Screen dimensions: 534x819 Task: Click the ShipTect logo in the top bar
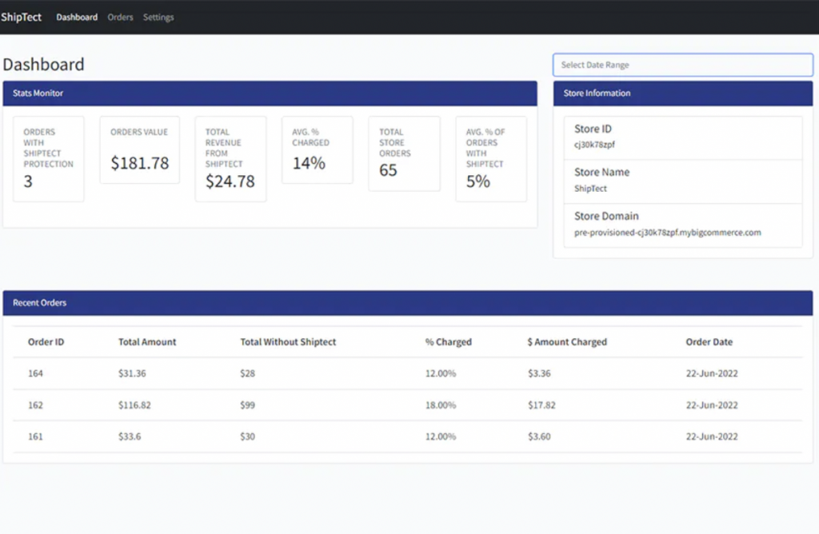tap(22, 17)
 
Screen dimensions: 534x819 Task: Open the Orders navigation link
tap(120, 17)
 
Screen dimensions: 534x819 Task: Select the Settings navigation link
tap(158, 17)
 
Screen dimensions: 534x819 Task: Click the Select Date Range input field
tap(682, 65)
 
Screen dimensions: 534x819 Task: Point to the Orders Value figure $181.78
tap(140, 163)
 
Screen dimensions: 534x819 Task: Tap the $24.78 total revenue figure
tap(230, 181)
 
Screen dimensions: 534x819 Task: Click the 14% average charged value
tap(309, 163)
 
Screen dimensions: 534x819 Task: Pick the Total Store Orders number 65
tap(388, 170)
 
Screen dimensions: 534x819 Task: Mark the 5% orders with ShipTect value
tap(477, 181)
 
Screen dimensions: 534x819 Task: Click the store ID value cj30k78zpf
tap(594, 145)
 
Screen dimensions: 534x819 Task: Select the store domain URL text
tap(667, 233)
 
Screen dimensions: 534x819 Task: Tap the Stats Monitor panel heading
tap(38, 94)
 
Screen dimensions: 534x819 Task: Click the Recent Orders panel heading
tap(39, 303)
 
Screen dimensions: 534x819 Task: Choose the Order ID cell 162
tap(35, 405)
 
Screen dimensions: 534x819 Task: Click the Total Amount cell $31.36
tap(132, 373)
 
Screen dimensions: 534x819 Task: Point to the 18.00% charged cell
tap(441, 405)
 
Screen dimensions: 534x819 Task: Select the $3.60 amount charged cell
tap(541, 436)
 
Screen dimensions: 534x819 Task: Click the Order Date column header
tap(709, 342)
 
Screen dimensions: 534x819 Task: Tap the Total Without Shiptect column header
tap(288, 342)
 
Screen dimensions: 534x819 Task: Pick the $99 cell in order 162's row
tap(247, 405)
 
